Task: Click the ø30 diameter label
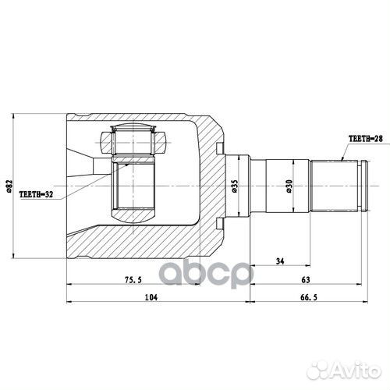pos(289,187)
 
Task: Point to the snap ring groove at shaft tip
pos(361,187)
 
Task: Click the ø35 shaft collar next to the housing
pos(243,187)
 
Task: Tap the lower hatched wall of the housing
pos(140,242)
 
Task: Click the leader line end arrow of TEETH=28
pos(343,160)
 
